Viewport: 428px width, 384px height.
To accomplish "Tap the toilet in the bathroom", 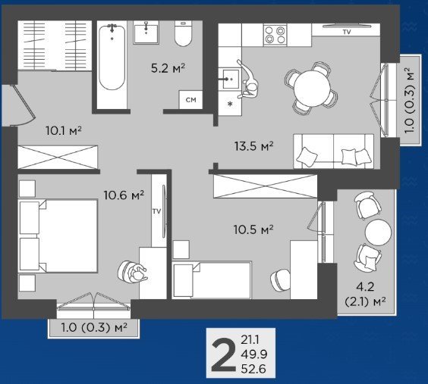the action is pyautogui.click(x=183, y=33).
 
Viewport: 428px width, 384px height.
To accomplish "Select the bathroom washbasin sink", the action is pyautogui.click(x=146, y=33).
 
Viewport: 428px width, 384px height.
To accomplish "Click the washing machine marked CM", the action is pyautogui.click(x=190, y=100).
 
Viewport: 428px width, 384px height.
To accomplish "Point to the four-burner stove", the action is pyautogui.click(x=275, y=35).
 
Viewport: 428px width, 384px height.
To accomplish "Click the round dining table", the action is pyautogui.click(x=312, y=89).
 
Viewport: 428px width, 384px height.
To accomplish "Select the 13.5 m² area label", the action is pyautogui.click(x=254, y=146).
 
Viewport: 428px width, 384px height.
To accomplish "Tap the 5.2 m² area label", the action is pyautogui.click(x=168, y=68).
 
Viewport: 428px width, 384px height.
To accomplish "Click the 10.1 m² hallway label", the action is pyautogui.click(x=64, y=131).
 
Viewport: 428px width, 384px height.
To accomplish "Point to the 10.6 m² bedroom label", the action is pyautogui.click(x=124, y=195).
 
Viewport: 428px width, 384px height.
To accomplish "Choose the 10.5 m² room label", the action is pyautogui.click(x=253, y=229).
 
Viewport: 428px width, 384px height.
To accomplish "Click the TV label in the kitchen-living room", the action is pyautogui.click(x=347, y=32).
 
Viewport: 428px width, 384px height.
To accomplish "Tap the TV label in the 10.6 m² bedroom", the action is pyautogui.click(x=156, y=211).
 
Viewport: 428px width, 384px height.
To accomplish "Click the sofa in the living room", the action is pyautogui.click(x=334, y=151).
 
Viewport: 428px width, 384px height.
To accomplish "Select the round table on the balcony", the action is pyautogui.click(x=378, y=233).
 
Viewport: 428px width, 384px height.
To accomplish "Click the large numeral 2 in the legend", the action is pyautogui.click(x=224, y=354).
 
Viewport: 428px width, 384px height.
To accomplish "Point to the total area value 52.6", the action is pyautogui.click(x=253, y=369).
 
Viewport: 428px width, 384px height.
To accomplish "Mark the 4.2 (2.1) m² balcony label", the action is pyautogui.click(x=365, y=294).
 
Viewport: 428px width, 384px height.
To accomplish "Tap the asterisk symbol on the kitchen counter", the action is pyautogui.click(x=230, y=104).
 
